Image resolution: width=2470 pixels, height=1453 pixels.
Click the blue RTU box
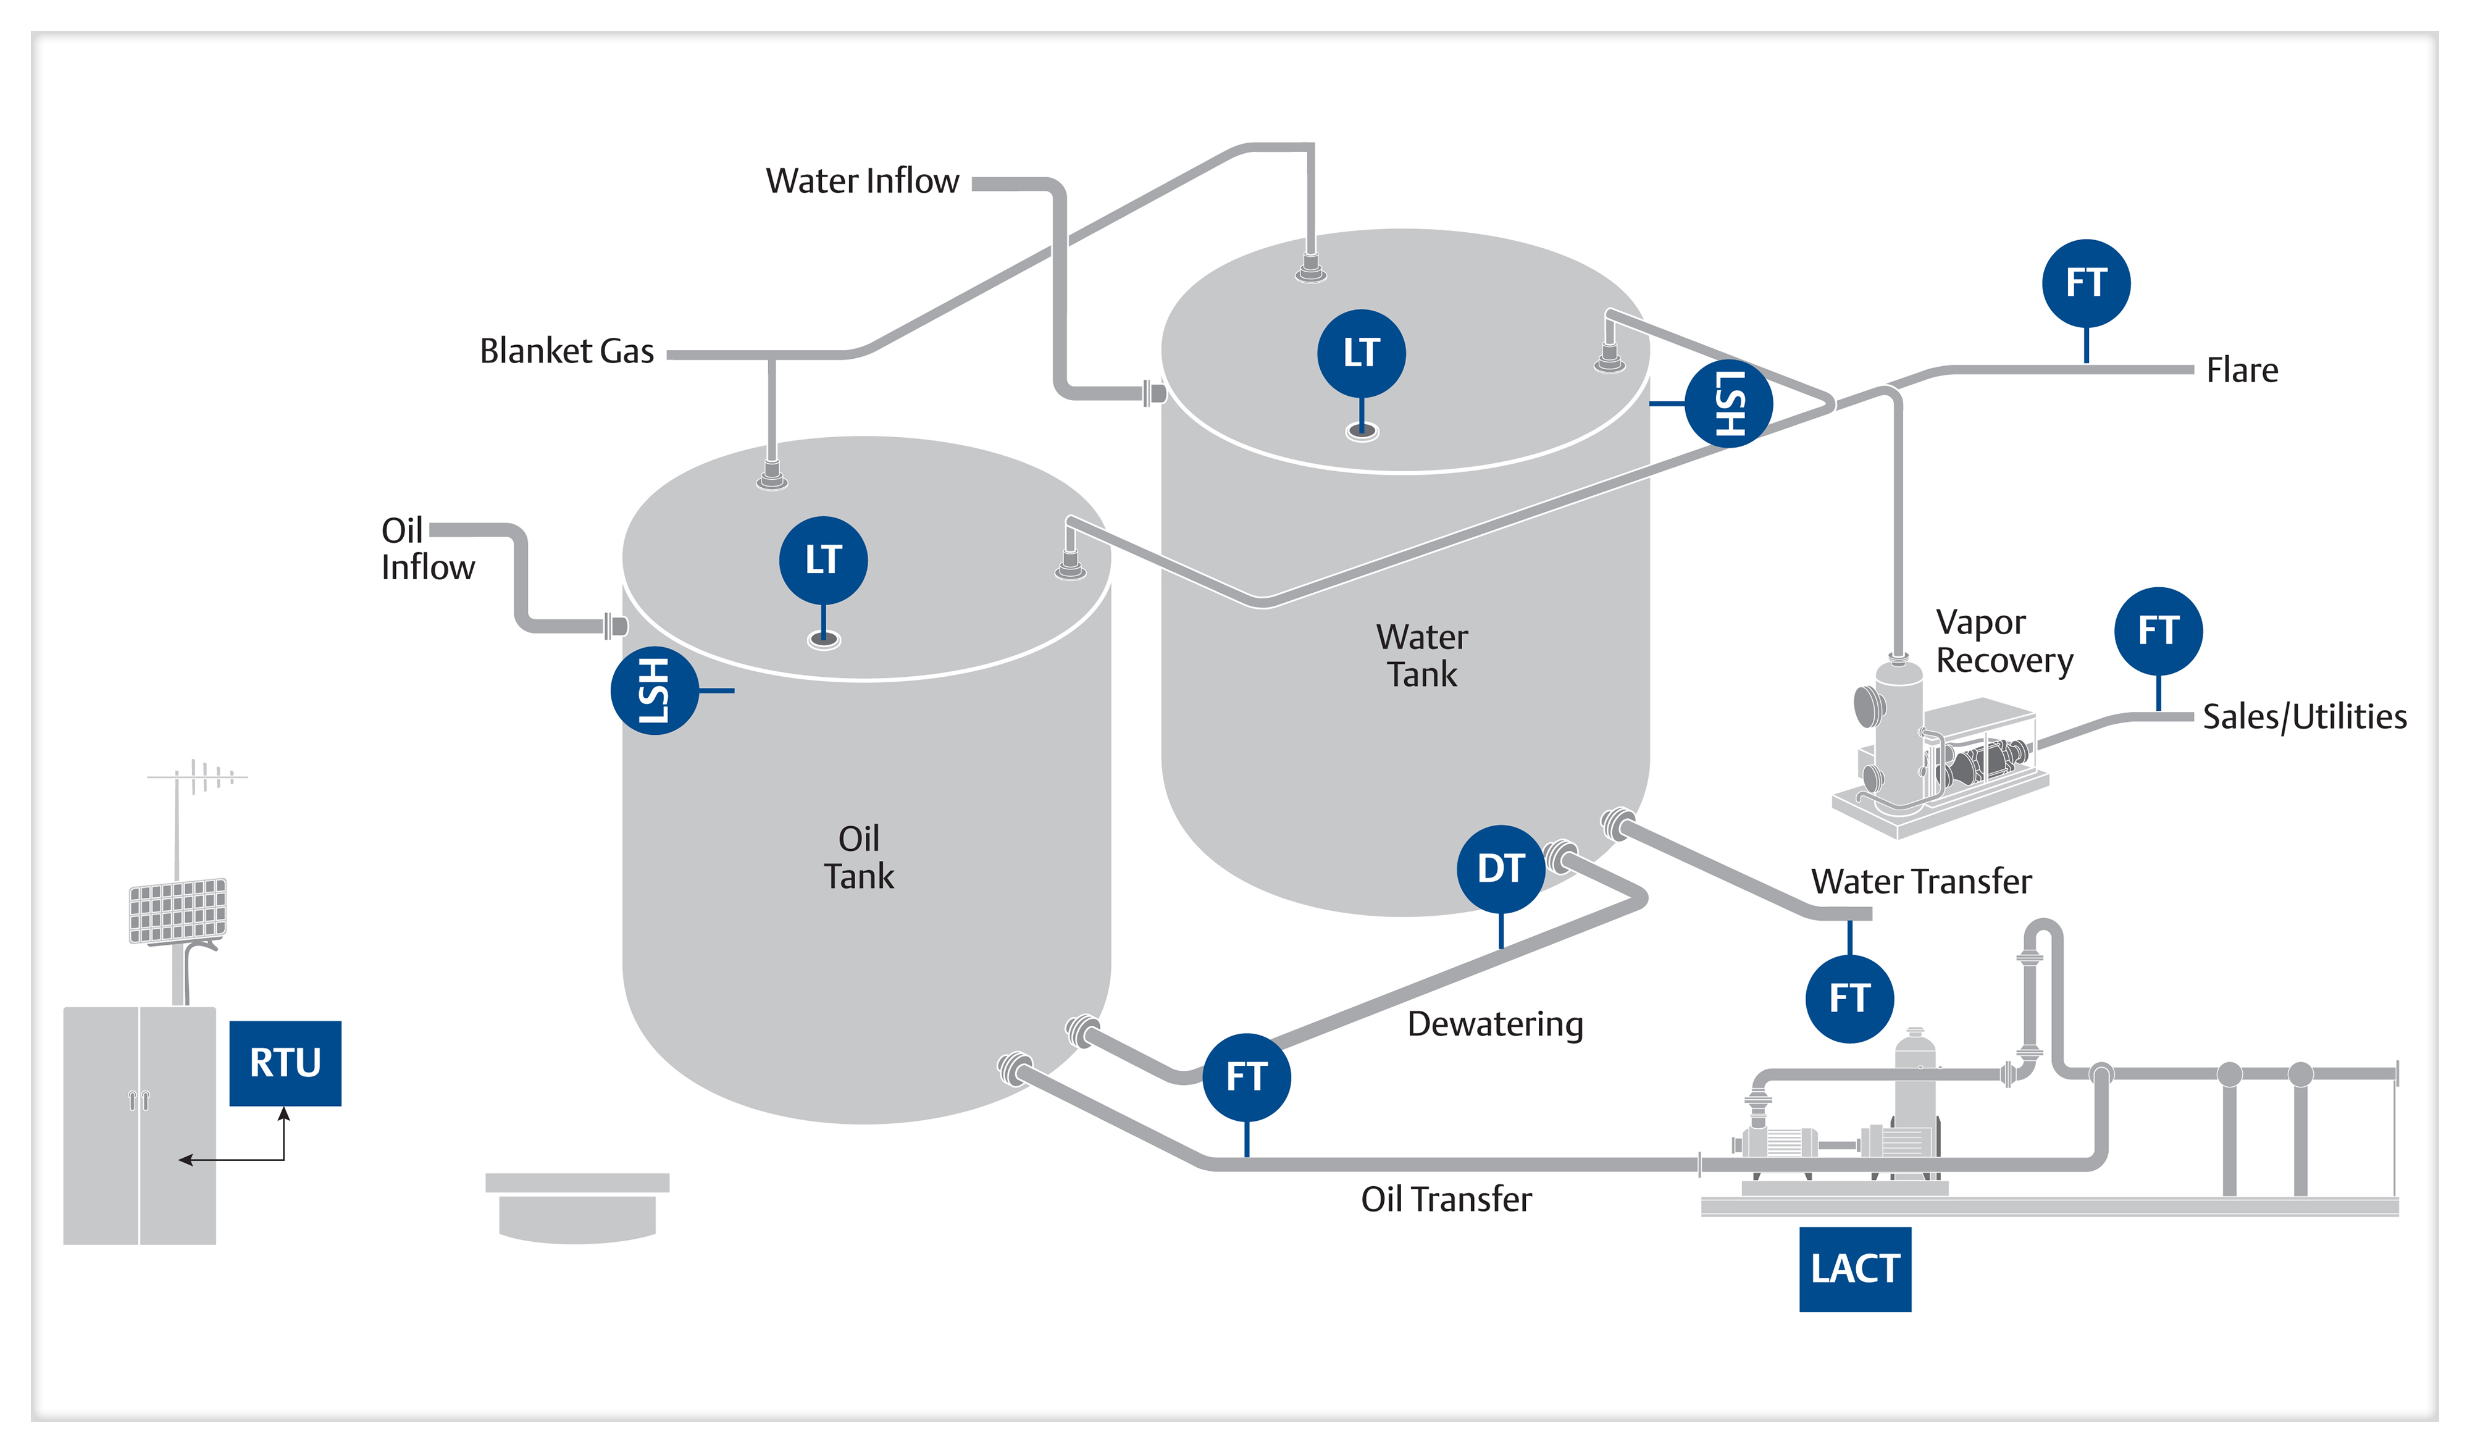(x=285, y=1063)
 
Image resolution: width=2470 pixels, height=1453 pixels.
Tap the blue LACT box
(x=1854, y=1269)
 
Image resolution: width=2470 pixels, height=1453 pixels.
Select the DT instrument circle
(x=1501, y=869)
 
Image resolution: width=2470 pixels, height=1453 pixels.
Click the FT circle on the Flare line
(x=2086, y=283)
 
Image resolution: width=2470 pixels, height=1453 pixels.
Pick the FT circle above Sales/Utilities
(x=2158, y=631)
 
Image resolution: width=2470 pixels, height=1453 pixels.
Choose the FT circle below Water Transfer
(x=1849, y=998)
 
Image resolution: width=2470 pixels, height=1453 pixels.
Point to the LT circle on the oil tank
(x=823, y=560)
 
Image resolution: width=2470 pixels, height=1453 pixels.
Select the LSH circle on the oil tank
(x=655, y=690)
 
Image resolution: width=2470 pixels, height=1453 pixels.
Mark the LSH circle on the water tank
(x=1728, y=403)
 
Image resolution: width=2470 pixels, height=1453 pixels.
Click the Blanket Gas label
(x=566, y=351)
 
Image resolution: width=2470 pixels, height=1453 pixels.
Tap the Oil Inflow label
(x=427, y=549)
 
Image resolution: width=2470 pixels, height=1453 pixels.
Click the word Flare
(x=2242, y=371)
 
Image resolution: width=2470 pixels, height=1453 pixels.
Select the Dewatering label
(x=1495, y=1024)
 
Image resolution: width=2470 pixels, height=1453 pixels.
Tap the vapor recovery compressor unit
(x=1941, y=755)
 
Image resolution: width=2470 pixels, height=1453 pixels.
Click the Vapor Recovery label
(x=2003, y=641)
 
